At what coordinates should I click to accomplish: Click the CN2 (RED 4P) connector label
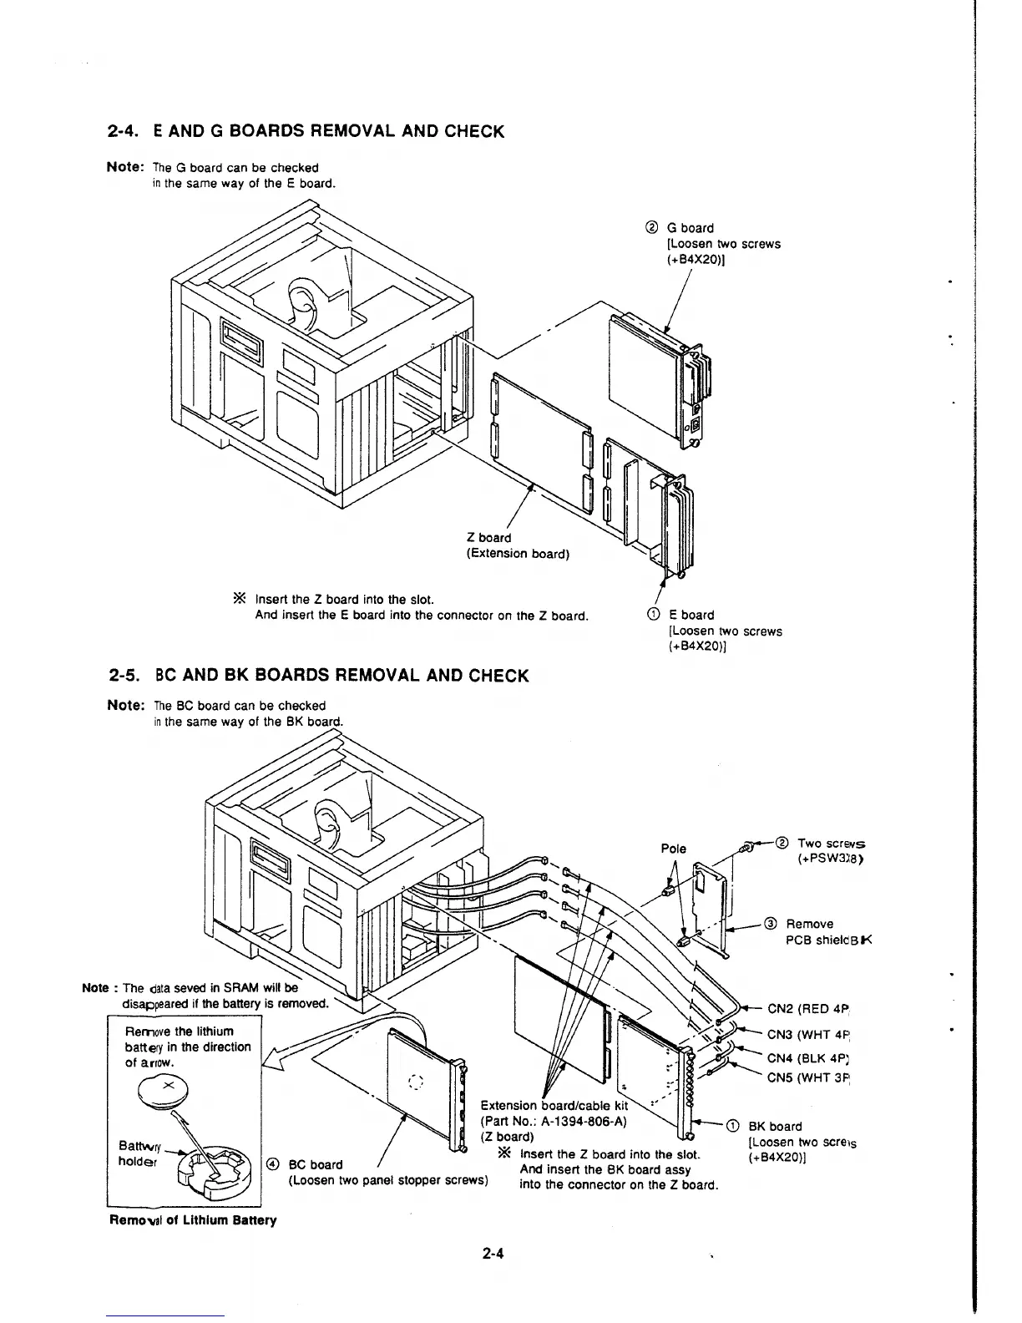tap(807, 1008)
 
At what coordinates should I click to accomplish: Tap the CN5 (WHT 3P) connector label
tap(807, 1077)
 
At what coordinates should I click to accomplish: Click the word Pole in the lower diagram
tap(673, 849)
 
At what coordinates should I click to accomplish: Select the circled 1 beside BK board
tap(732, 1126)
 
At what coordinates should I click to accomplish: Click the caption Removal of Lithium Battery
tap(192, 1220)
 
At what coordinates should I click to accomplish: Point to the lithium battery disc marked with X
tap(167, 1087)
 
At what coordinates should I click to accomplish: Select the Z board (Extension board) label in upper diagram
tap(517, 545)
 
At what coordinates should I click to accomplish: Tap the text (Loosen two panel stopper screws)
tap(387, 1180)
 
